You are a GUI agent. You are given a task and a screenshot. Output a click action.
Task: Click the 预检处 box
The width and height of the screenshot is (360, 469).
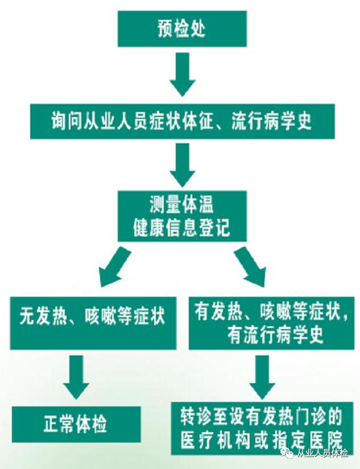click(x=182, y=28)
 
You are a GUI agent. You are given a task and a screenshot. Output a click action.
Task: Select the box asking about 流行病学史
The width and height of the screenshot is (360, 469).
click(x=182, y=122)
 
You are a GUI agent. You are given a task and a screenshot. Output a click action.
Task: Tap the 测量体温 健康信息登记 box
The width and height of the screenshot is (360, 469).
click(x=182, y=215)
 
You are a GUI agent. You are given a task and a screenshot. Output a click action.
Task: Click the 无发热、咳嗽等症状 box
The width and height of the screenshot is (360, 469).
click(x=93, y=322)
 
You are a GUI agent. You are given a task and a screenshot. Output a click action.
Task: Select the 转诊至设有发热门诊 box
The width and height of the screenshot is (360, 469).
click(x=263, y=429)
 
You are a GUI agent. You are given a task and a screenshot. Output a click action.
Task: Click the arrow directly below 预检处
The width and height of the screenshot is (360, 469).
click(x=182, y=74)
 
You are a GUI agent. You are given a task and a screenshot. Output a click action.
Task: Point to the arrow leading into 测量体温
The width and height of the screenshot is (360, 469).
click(x=182, y=165)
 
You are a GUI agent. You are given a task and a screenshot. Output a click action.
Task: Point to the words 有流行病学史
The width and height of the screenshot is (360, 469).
click(x=275, y=335)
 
